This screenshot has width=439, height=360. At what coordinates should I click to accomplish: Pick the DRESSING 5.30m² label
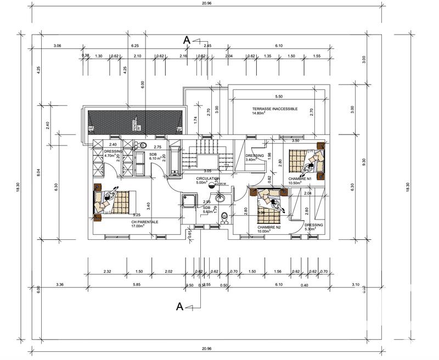pyautogui.click(x=313, y=227)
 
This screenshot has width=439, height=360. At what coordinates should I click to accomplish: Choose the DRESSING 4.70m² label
pyautogui.click(x=114, y=153)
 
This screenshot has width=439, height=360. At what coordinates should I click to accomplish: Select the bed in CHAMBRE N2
pyautogui.click(x=269, y=201)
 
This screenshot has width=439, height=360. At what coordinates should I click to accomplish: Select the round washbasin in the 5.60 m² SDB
pyautogui.click(x=221, y=199)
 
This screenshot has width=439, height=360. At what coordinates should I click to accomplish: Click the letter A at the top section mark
pyautogui.click(x=187, y=40)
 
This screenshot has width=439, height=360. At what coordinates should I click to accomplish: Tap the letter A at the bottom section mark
pyautogui.click(x=179, y=307)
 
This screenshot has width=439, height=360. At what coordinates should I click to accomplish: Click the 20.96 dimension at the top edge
pyautogui.click(x=207, y=3)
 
